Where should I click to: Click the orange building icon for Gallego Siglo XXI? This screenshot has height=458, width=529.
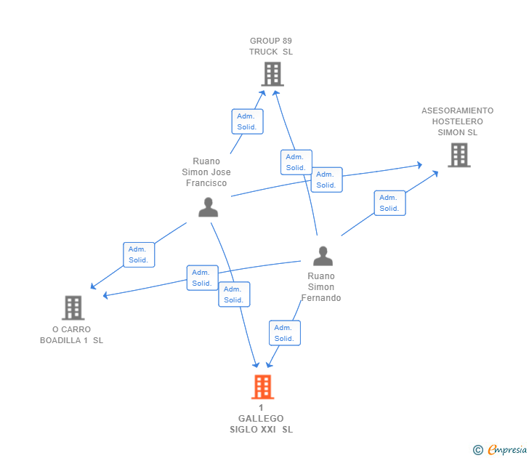click(262, 387)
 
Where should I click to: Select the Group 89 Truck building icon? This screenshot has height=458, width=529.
click(272, 74)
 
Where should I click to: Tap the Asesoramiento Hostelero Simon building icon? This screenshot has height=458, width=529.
click(459, 155)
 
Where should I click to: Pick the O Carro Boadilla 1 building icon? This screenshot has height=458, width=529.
click(73, 308)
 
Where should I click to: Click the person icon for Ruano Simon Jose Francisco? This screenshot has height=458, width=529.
click(208, 207)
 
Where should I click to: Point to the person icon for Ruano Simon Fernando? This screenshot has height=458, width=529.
click(323, 256)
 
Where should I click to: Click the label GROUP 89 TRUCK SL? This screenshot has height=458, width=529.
click(271, 47)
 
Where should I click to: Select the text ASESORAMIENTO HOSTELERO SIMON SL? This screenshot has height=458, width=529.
click(458, 121)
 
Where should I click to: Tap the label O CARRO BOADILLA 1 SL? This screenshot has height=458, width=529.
click(71, 335)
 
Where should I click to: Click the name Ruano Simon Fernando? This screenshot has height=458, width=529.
click(321, 287)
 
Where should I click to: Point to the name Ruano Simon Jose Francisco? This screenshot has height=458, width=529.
click(206, 172)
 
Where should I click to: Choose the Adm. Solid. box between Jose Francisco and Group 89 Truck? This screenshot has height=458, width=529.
click(247, 121)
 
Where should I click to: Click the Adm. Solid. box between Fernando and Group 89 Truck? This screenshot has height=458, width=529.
click(296, 162)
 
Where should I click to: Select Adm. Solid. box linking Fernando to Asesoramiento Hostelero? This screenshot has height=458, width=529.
click(389, 203)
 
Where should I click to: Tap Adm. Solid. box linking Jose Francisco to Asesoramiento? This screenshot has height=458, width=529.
click(326, 180)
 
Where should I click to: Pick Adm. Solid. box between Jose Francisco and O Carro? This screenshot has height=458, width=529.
click(139, 255)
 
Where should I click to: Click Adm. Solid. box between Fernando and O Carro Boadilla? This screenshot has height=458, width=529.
click(203, 278)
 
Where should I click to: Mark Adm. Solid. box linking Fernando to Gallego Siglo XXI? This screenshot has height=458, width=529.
click(285, 333)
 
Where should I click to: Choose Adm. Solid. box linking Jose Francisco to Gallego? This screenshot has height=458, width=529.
click(234, 294)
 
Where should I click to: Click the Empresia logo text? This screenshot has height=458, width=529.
click(507, 449)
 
